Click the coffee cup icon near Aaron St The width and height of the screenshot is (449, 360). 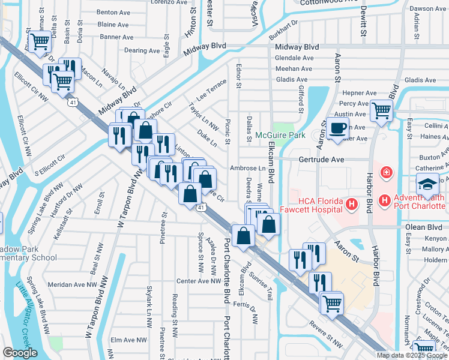coord(338,128)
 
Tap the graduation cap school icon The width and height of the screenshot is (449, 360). coord(428,183)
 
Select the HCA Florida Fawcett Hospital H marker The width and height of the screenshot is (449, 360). coord(352,206)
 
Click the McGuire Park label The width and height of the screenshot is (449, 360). coord(280,135)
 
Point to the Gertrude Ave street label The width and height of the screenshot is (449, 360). coord(322,160)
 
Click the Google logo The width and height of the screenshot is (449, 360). coord(20,353)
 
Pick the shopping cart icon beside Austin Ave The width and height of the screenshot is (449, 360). coord(381,111)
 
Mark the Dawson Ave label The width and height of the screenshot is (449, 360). coord(429,8)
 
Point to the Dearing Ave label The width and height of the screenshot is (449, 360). coord(140,51)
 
